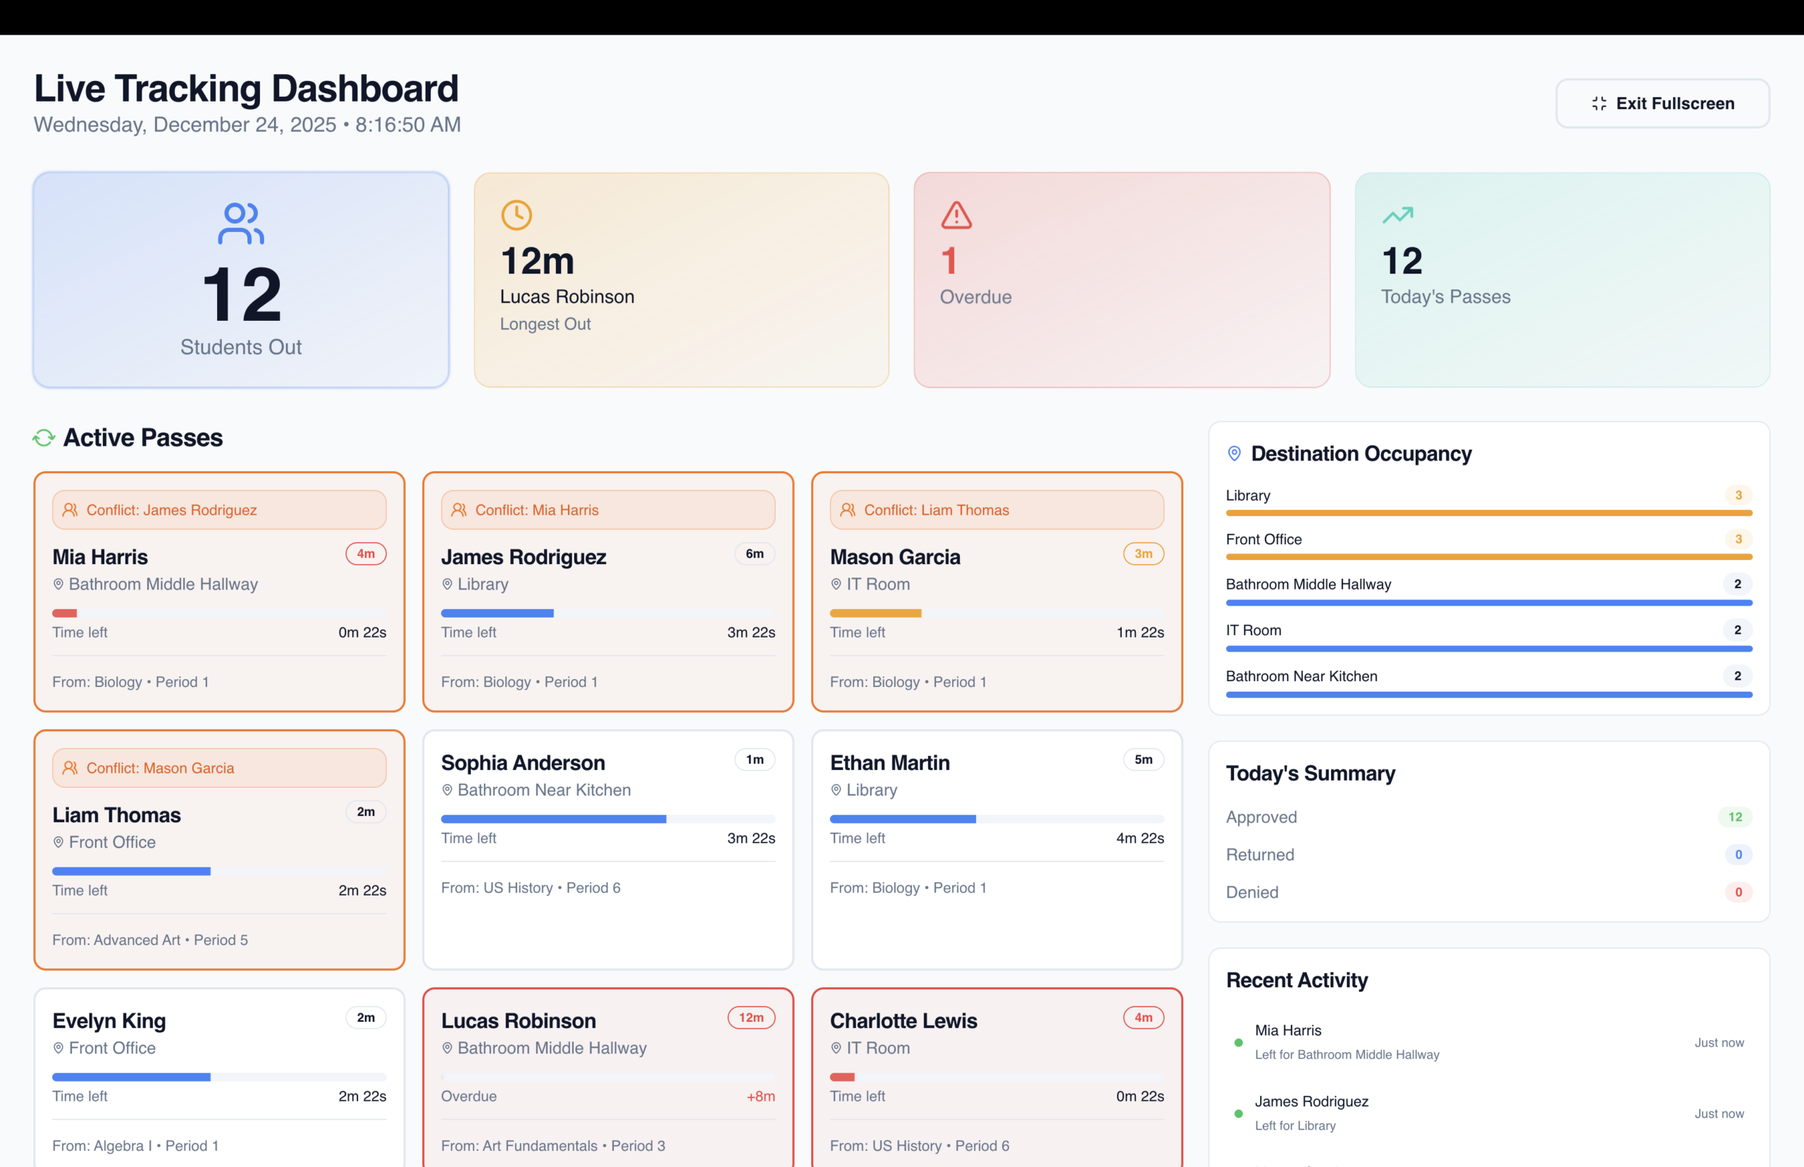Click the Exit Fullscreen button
pos(1662,104)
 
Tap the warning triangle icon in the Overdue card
pos(956,215)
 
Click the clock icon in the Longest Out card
pos(517,215)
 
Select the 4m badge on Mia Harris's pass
pos(366,554)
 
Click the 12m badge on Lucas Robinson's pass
pos(751,1018)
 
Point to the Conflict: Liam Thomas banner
pos(996,510)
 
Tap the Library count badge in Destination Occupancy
pos(1738,496)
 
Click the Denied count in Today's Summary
pos(1738,893)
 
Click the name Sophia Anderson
pos(524,763)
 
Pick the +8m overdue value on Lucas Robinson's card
pos(760,1096)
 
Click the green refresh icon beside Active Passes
pos(44,438)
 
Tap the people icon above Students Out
pos(241,224)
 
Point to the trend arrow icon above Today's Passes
pos(1398,215)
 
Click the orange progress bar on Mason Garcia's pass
pos(875,613)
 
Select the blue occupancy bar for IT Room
pos(1489,649)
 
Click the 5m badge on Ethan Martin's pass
pos(1144,760)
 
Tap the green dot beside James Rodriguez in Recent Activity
pos(1239,1114)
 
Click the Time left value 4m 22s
pos(1139,839)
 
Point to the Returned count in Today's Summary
pos(1738,855)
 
